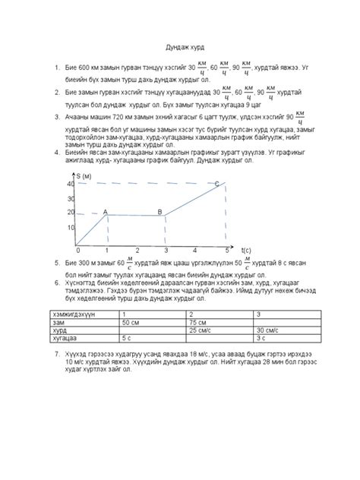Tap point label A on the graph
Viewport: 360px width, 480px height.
(x=105, y=212)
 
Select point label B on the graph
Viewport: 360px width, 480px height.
(x=159, y=212)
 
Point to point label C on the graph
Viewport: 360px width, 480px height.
(x=217, y=184)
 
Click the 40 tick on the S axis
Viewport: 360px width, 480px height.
(x=71, y=185)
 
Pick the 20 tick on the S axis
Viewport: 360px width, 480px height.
(x=71, y=212)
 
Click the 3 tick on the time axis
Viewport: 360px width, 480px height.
(x=166, y=250)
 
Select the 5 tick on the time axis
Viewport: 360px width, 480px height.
(x=226, y=250)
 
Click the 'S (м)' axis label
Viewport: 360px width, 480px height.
(x=88, y=176)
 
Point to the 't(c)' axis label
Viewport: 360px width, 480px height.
(x=246, y=249)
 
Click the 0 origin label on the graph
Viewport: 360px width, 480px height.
(x=77, y=250)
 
